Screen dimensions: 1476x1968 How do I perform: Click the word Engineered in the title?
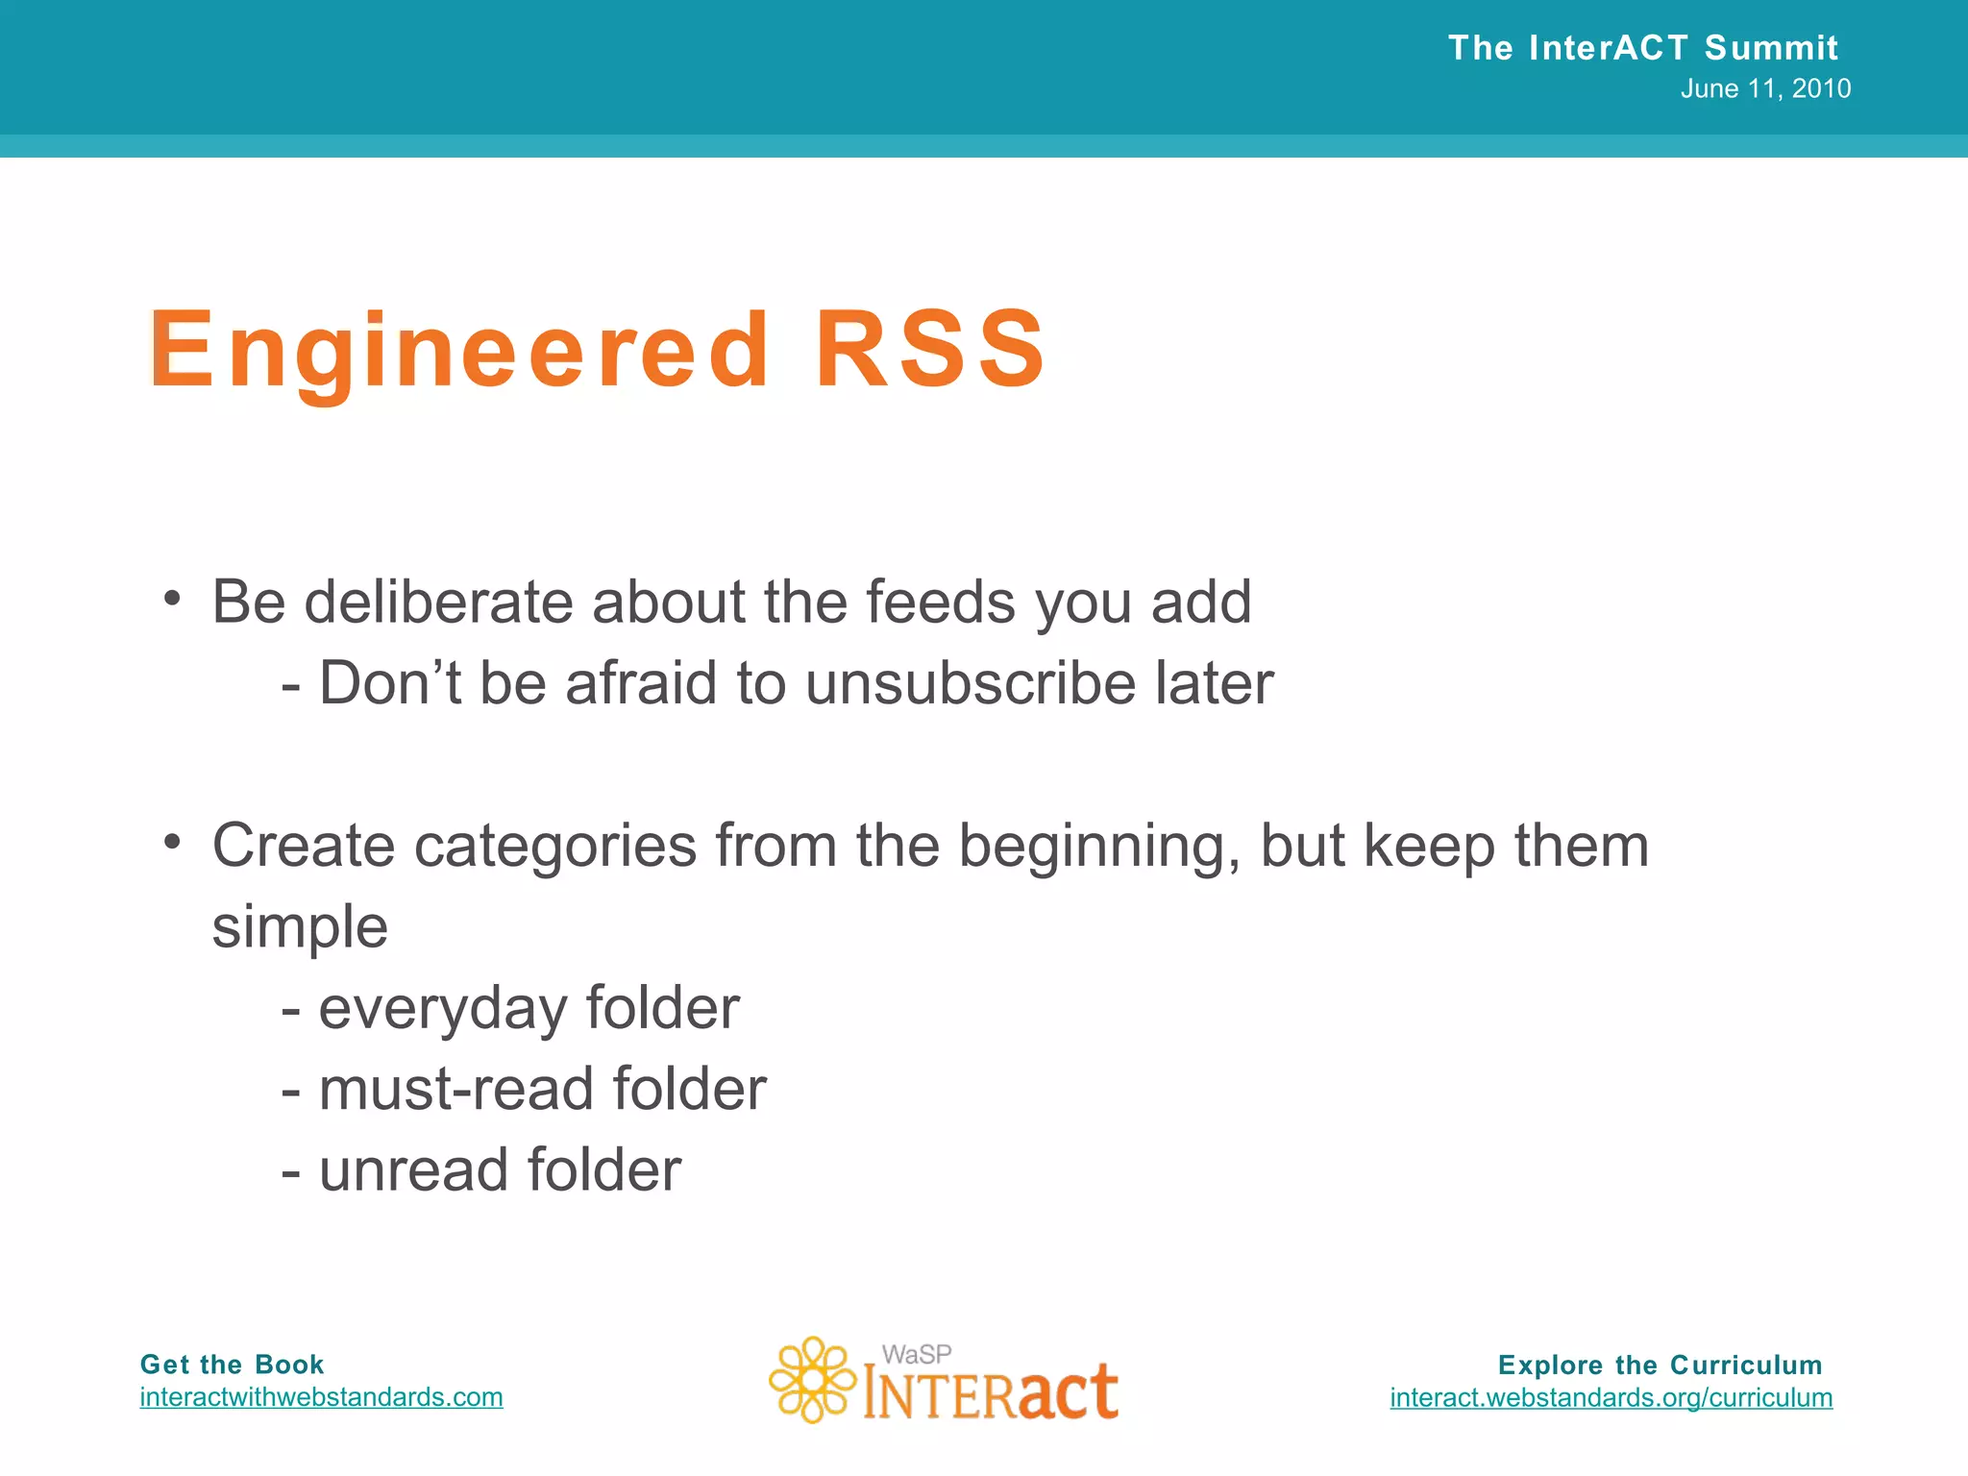tap(459, 351)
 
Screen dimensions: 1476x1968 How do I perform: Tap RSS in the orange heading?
tap(930, 351)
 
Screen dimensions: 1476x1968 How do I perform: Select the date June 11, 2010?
tap(1765, 89)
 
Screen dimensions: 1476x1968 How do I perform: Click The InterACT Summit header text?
tap(1642, 47)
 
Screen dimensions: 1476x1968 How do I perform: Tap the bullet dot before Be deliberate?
tap(172, 599)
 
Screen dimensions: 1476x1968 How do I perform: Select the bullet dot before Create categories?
tap(172, 842)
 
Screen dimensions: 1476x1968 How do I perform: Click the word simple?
tap(300, 927)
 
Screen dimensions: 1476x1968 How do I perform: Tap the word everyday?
tap(444, 1009)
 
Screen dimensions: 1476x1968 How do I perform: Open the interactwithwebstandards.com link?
tap(321, 1397)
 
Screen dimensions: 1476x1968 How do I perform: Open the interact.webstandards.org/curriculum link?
tap(1611, 1397)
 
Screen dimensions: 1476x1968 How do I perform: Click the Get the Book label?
tap(232, 1365)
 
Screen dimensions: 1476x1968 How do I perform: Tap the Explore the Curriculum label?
tap(1660, 1365)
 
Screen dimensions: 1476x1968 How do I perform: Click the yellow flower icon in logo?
tap(813, 1380)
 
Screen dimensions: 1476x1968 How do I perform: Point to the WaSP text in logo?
tap(916, 1354)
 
